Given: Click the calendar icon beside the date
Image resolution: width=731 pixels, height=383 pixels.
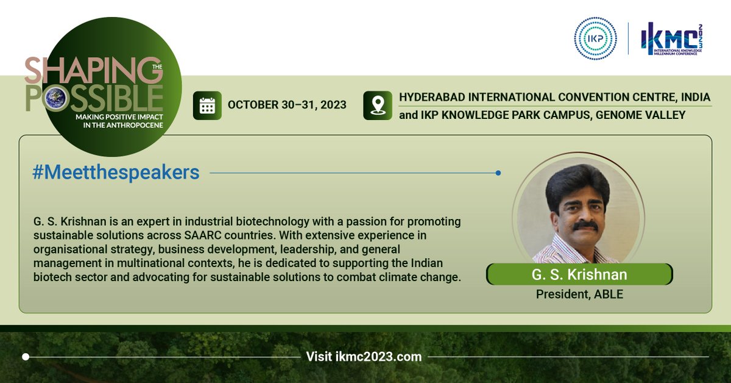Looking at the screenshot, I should pyautogui.click(x=207, y=105).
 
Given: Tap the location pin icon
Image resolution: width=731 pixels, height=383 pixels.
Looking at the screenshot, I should pyautogui.click(x=377, y=105).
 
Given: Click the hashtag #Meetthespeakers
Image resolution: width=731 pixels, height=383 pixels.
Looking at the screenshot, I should pyautogui.click(x=116, y=173).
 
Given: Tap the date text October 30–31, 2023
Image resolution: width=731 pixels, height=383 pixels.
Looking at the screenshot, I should pyautogui.click(x=287, y=105).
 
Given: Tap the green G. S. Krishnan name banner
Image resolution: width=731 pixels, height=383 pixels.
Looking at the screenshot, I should pyautogui.click(x=579, y=274).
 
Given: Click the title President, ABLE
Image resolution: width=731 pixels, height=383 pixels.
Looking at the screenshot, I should pyautogui.click(x=579, y=294).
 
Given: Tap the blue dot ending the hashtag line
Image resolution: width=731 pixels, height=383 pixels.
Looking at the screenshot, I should pyautogui.click(x=498, y=173).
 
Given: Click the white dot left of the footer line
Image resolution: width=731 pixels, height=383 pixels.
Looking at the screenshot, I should pyautogui.click(x=26, y=356).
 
